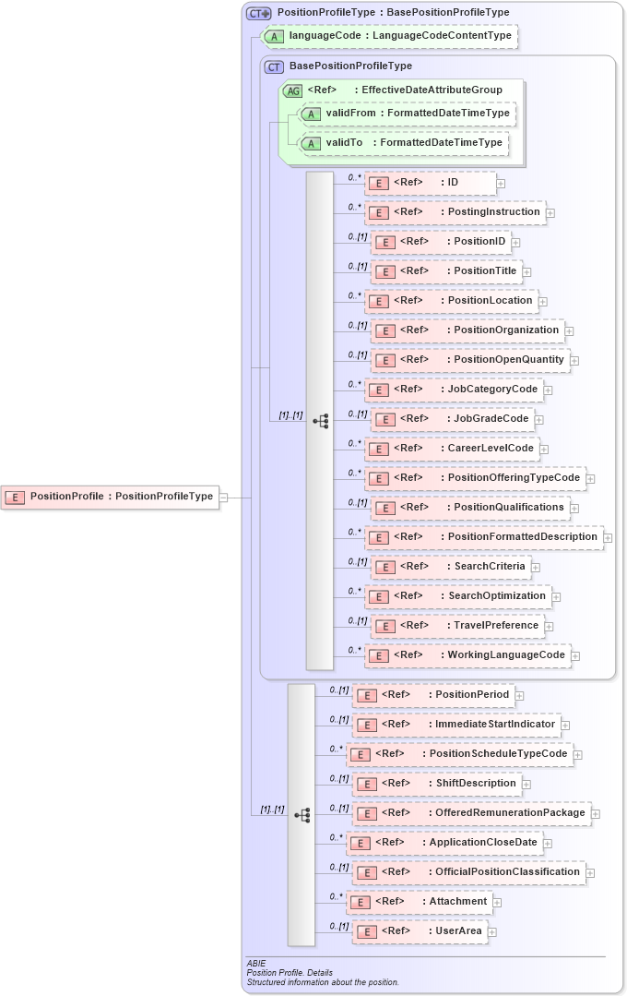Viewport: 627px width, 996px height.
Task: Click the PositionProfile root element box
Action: (111, 497)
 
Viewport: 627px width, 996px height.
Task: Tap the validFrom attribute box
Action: (406, 114)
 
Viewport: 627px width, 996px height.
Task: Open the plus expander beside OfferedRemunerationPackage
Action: (596, 813)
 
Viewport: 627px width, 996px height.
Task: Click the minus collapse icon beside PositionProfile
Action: (224, 497)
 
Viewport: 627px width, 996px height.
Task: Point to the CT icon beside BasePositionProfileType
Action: (274, 66)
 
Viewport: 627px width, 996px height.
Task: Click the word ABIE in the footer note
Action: (256, 964)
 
